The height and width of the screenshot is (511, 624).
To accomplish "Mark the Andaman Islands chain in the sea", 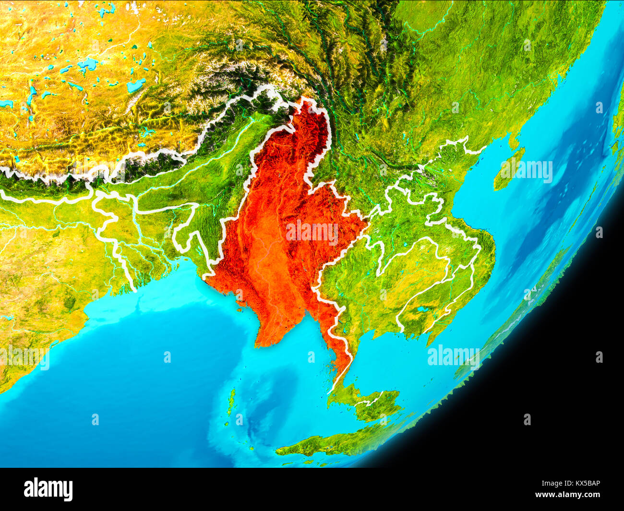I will coord(232,401).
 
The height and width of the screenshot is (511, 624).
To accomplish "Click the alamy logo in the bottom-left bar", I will coord(48,489).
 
